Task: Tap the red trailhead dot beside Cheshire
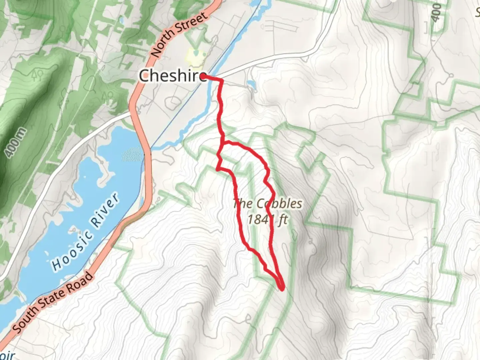(x=202, y=77)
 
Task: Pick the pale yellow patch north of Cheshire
(x=193, y=56)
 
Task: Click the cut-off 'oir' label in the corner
(x=7, y=355)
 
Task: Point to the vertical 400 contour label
(x=436, y=13)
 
